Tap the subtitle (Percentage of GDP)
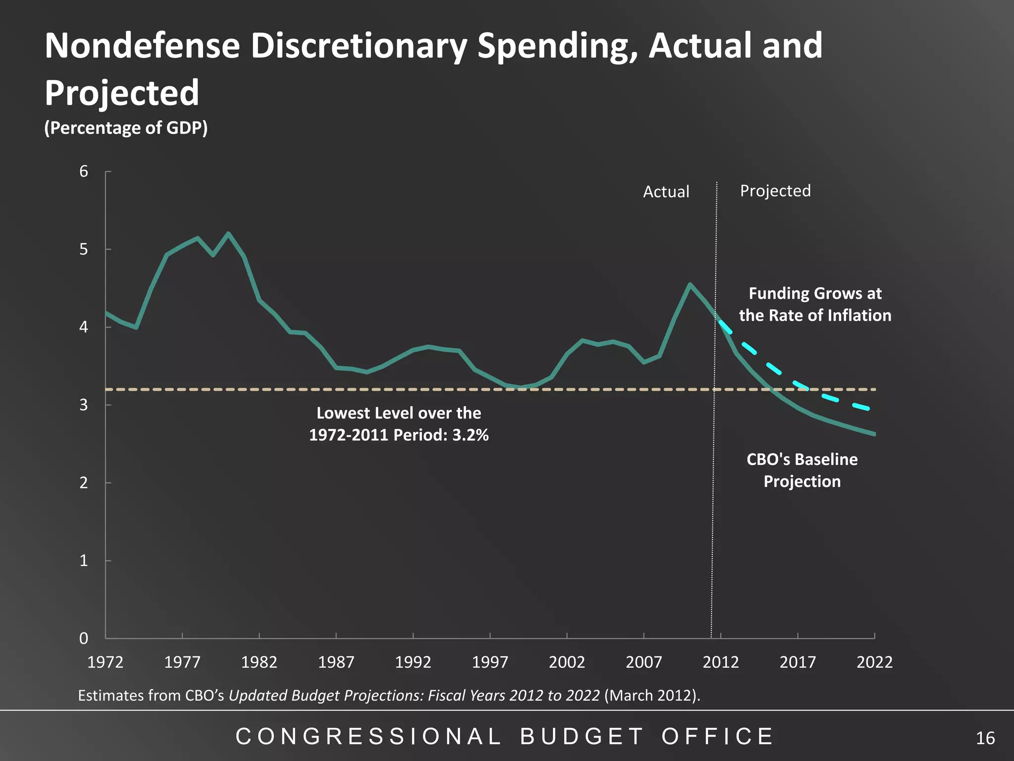coord(126,128)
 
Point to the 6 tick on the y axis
coord(84,171)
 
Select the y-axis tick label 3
coord(84,405)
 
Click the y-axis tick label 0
coord(84,638)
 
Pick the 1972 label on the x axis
coord(105,662)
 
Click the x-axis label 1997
coord(490,662)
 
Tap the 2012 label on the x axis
coord(720,662)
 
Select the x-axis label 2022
coord(874,662)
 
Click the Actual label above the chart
coord(666,192)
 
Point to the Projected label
coord(775,191)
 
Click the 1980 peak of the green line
coord(228,233)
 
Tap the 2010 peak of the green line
coord(690,284)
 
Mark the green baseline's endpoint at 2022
coord(873,434)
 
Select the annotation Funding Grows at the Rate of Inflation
coord(815,304)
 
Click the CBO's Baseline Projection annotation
coord(802,470)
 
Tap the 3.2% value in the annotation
coord(470,435)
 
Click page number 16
coord(985,738)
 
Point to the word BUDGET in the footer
coord(582,737)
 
